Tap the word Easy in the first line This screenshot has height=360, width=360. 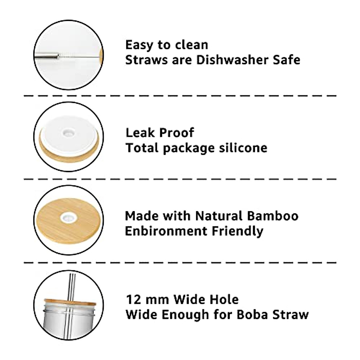coord(137,45)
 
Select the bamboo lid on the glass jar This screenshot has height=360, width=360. coord(69,302)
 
